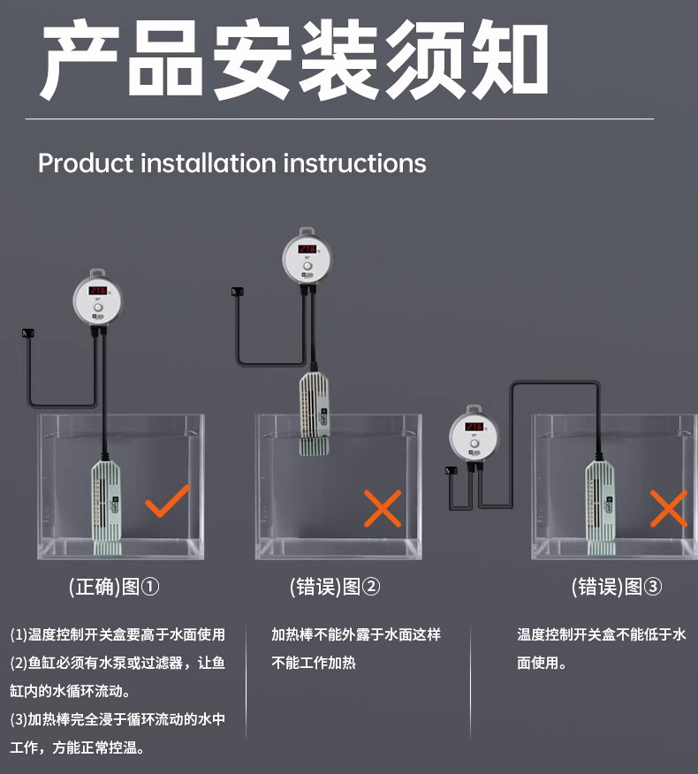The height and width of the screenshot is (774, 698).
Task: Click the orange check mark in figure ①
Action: pos(167,501)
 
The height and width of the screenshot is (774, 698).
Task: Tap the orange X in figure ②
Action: pos(383,508)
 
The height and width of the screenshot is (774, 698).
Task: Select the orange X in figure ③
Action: pos(668,508)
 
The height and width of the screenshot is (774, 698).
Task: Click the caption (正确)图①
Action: pos(114,587)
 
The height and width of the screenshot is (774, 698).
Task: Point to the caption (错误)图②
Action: pos(335,587)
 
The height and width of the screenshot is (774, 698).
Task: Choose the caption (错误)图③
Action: pos(617,587)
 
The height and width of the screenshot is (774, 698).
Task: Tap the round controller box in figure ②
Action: pos(307,257)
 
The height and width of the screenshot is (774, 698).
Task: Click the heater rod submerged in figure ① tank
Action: pos(106,499)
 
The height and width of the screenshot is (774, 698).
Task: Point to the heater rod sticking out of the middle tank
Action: pos(314,414)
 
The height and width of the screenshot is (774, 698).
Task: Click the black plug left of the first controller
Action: pos(27,333)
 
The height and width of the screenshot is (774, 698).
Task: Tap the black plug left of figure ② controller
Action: pos(236,292)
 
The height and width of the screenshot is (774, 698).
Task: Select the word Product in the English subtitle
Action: pos(86,163)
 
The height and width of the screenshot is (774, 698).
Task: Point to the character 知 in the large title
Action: pos(505,62)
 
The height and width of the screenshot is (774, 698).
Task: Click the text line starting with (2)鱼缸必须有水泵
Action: pos(118,663)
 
